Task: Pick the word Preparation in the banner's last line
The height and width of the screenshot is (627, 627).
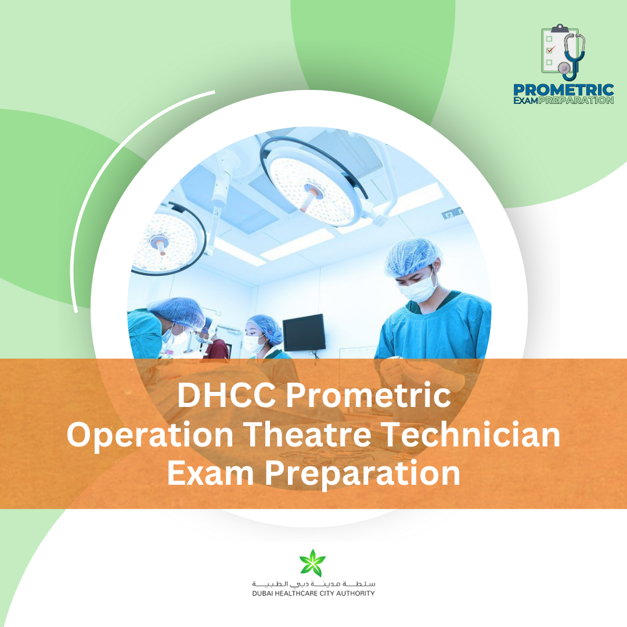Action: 363,474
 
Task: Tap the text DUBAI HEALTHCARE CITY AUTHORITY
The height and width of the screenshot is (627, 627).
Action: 313,593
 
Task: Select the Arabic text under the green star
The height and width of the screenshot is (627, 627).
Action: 313,583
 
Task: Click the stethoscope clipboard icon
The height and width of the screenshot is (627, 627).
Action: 563,53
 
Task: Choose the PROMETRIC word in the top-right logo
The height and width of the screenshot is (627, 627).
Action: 563,90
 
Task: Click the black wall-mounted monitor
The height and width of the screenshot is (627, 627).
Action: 304,333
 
